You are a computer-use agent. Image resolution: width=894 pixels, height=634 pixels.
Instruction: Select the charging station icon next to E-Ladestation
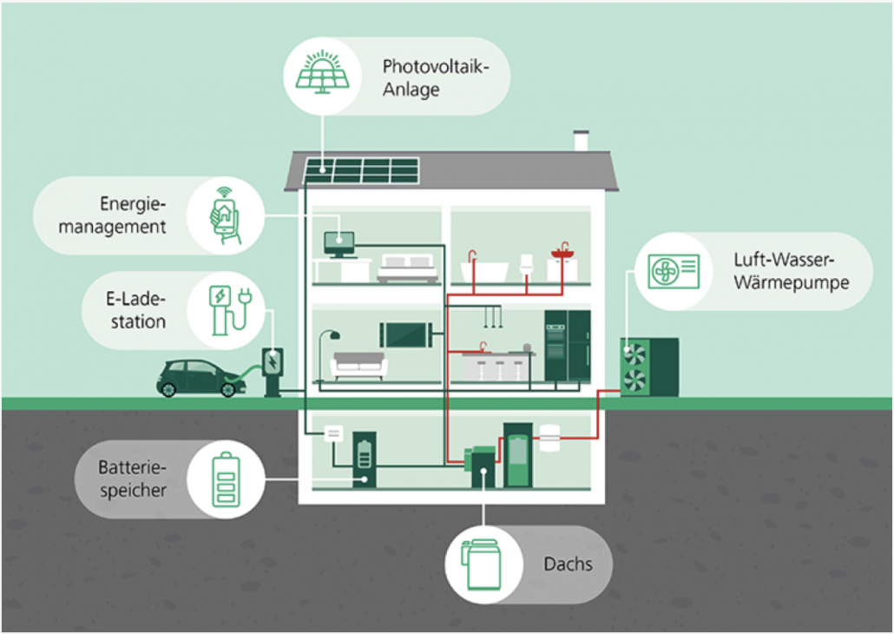[226, 310]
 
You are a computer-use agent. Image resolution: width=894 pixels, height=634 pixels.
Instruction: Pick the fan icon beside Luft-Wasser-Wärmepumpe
[673, 270]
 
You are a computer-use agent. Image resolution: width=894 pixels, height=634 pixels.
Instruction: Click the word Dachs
[568, 565]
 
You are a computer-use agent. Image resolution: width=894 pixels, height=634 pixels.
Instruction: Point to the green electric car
[197, 379]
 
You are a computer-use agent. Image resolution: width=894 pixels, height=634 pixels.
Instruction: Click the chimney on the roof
[581, 140]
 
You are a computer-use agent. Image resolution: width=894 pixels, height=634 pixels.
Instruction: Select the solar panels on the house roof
[360, 170]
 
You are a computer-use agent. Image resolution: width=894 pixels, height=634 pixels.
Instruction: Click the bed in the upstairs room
[409, 268]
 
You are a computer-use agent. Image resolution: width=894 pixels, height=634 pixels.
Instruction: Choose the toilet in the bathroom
[525, 265]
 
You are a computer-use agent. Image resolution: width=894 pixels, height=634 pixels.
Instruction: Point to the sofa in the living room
[358, 365]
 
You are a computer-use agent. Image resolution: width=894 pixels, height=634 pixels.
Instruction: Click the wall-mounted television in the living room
[405, 334]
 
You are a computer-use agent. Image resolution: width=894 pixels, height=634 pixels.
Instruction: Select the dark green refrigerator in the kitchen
[567, 345]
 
